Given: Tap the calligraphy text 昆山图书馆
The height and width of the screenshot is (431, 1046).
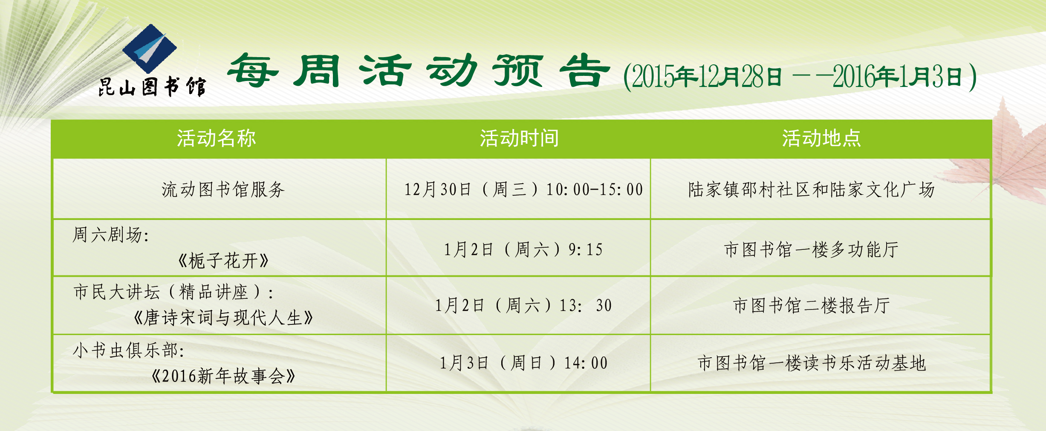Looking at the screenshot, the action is coord(152,87).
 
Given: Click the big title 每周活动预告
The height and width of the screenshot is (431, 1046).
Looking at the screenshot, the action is coord(419,71).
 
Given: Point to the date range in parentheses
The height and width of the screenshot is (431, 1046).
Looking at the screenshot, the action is coord(800,77).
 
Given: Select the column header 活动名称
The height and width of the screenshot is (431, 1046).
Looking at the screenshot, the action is coord(217,139).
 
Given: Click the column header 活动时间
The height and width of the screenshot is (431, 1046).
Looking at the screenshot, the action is coord(519,139).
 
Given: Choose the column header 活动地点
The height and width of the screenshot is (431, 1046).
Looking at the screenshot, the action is coord(821,139).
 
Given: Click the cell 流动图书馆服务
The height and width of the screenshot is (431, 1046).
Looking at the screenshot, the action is coord(223,190).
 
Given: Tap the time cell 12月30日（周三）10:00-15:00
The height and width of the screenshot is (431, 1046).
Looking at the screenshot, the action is coord(523,190).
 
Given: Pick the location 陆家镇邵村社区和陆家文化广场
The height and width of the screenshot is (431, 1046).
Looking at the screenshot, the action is coord(812,190).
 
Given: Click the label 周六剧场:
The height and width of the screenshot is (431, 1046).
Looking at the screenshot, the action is coord(111,235).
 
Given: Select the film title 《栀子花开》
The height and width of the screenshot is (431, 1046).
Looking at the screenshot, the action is coord(223,260).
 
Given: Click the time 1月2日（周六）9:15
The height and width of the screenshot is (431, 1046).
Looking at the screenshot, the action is coord(523,250).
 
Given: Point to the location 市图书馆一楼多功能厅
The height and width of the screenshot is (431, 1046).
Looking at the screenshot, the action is coord(812,250).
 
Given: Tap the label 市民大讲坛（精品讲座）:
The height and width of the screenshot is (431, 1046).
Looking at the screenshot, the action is coord(173,292).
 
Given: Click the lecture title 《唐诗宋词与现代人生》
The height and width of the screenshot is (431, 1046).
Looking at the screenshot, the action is coord(223,318).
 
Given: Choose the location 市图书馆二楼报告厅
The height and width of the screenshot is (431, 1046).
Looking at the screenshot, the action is coord(812,306).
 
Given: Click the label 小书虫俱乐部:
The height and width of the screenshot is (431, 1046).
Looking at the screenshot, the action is coord(129,350).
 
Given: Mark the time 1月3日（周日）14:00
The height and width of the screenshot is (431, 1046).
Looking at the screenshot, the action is coord(523,363).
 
